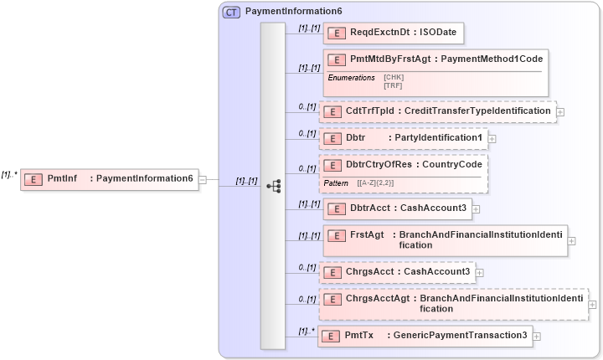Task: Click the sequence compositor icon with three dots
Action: click(x=273, y=186)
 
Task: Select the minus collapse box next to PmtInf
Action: click(x=204, y=179)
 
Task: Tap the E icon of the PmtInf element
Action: click(x=33, y=179)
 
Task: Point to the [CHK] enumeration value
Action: click(x=394, y=77)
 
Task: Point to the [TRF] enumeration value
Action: click(x=393, y=85)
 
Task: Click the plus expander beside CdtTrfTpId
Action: click(x=560, y=111)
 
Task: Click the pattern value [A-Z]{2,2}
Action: click(x=376, y=183)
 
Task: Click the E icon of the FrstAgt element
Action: click(x=337, y=236)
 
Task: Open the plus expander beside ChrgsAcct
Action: click(x=480, y=272)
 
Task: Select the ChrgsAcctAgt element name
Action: click(x=378, y=298)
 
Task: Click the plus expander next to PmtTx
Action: click(x=536, y=336)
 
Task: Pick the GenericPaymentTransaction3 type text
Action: click(x=460, y=335)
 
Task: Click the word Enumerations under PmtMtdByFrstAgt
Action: click(x=351, y=78)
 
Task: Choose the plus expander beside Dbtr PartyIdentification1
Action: click(x=492, y=138)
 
